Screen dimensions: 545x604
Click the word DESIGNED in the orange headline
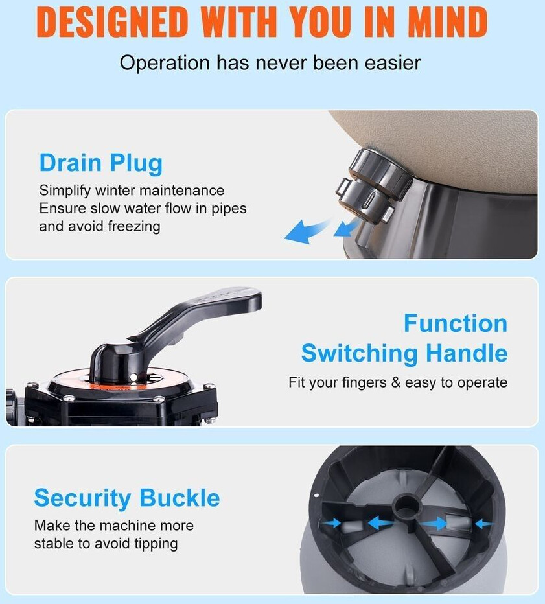[112, 22]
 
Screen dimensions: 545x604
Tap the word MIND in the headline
[447, 22]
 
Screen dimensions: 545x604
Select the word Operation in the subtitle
[165, 64]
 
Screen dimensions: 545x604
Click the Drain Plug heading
[101, 163]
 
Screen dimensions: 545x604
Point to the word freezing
[134, 227]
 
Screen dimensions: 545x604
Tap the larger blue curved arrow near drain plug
[307, 231]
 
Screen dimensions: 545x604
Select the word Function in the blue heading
[456, 323]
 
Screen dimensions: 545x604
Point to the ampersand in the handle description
[396, 382]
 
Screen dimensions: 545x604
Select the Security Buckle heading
[127, 498]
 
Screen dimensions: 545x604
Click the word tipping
[156, 544]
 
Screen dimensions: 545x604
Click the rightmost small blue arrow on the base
[483, 524]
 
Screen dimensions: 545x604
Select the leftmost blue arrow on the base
[332, 523]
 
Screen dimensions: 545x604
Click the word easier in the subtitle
[393, 63]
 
